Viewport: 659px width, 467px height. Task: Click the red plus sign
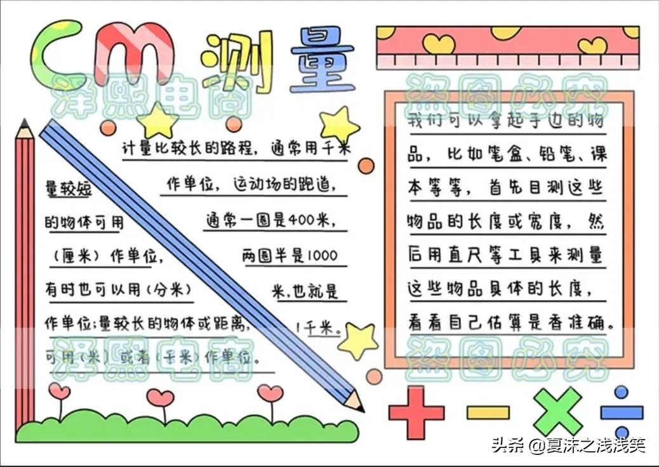[x=416, y=412]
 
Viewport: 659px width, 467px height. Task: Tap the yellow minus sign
[x=488, y=412]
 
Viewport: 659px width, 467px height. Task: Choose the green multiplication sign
[x=557, y=412]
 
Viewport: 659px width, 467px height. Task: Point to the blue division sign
[x=622, y=412]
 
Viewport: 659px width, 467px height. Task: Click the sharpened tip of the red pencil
[x=24, y=124]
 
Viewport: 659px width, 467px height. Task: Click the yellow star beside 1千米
[x=358, y=340]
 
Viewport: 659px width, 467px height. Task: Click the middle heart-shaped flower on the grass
[x=160, y=398]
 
